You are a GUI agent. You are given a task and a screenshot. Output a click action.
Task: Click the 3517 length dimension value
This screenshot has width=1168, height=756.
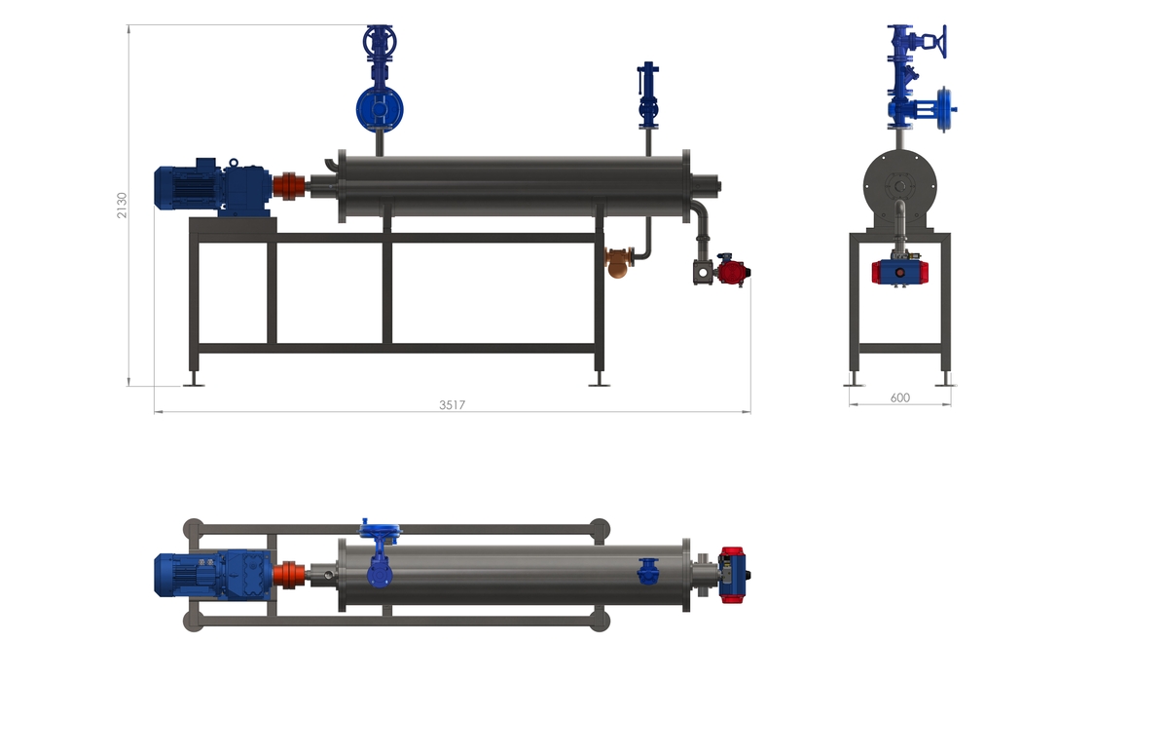click(452, 405)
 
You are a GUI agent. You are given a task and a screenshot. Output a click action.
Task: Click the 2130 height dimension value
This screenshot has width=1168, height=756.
click(122, 205)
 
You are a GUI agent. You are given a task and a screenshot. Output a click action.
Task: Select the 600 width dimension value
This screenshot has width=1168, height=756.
click(900, 397)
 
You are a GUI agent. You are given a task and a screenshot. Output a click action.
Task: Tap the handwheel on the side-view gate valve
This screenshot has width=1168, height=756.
click(380, 41)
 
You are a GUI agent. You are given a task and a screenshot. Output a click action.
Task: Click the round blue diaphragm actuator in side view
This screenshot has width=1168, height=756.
click(380, 109)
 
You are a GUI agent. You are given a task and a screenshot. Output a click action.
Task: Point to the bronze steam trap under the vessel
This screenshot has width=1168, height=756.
click(618, 263)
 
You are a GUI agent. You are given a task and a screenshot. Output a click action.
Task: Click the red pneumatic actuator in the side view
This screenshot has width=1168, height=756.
click(733, 272)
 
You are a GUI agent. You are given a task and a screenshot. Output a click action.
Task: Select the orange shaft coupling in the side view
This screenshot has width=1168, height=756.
click(289, 186)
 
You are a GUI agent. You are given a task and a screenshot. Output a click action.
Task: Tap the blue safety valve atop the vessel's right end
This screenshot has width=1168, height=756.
click(648, 95)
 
